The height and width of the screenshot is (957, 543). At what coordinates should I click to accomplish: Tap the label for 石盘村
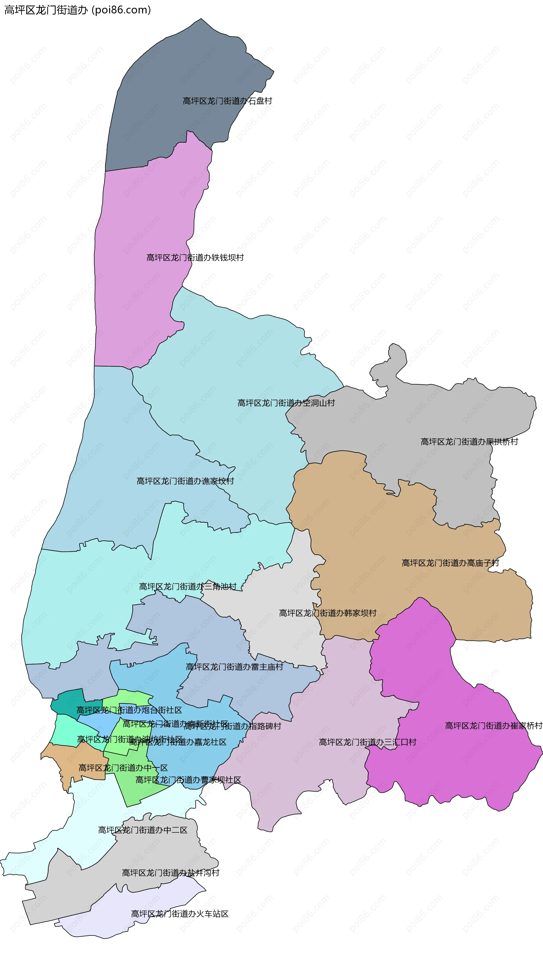click(x=227, y=101)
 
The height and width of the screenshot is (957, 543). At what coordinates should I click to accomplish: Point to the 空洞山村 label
click(x=286, y=403)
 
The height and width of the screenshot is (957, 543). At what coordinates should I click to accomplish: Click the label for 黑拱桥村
click(x=469, y=442)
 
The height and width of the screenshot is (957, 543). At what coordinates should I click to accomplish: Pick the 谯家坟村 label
click(x=185, y=481)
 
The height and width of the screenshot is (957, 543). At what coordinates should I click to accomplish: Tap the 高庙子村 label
click(x=450, y=563)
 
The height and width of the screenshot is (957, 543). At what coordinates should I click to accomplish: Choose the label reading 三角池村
click(x=188, y=587)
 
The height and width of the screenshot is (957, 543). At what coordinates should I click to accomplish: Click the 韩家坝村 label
click(x=327, y=613)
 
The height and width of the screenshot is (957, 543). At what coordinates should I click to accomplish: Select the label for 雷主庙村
click(x=234, y=667)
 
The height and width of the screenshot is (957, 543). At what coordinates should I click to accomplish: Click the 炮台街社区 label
click(x=129, y=710)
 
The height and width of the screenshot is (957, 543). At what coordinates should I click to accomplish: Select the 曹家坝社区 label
click(x=188, y=780)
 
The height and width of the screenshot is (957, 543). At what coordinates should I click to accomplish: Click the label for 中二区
click(x=143, y=830)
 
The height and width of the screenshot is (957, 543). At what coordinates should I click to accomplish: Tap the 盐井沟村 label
click(x=171, y=873)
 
